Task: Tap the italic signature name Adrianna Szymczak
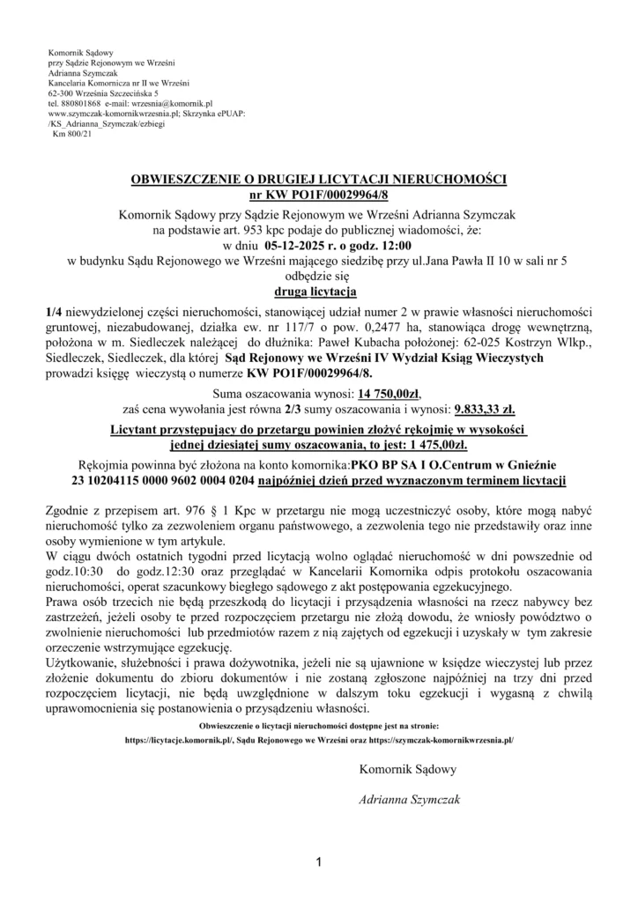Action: (x=408, y=801)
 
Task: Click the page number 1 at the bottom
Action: (x=318, y=860)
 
